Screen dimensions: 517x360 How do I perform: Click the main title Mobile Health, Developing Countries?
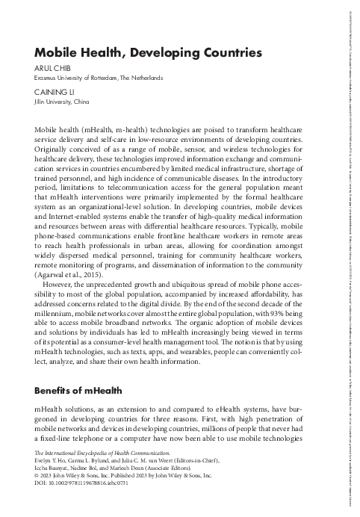point(148,53)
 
